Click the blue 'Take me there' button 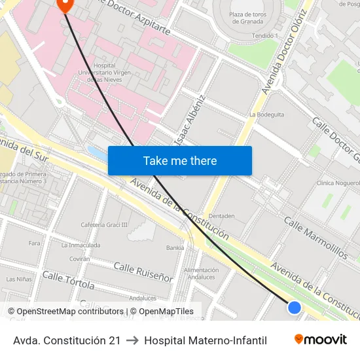(180, 160)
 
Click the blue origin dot (295, 307)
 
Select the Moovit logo (320, 340)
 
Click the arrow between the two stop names (132, 340)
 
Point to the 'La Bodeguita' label (266, 114)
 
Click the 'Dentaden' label (221, 215)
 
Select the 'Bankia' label (175, 248)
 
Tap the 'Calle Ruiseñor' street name (143, 272)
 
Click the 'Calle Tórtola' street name (68, 280)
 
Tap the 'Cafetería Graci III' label (104, 225)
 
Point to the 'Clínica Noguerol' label (337, 184)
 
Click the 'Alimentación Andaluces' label (201, 273)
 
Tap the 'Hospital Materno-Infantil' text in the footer (206, 340)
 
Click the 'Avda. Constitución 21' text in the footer (67, 340)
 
